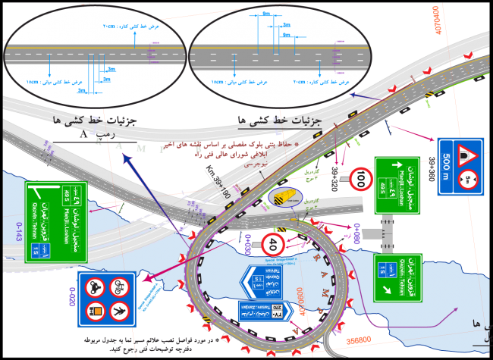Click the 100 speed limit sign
click(x=361, y=181)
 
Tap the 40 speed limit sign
click(x=272, y=244)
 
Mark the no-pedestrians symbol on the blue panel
click(x=118, y=309)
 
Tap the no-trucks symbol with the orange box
click(x=96, y=309)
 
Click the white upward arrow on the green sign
click(x=394, y=162)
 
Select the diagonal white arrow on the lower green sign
click(x=382, y=265)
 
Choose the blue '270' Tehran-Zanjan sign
click(x=262, y=311)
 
